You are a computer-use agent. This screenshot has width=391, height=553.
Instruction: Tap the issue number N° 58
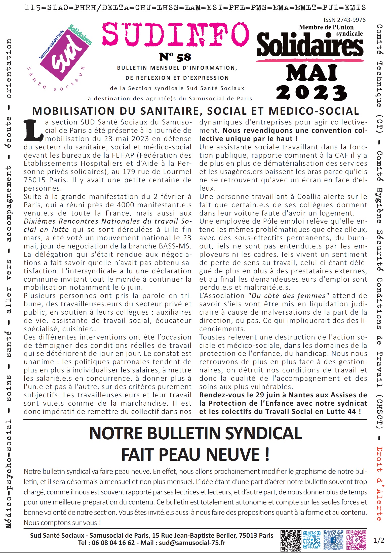click(175, 57)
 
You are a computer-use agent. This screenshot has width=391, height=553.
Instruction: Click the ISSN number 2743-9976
click(344, 20)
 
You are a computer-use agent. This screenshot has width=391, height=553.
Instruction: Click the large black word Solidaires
click(310, 45)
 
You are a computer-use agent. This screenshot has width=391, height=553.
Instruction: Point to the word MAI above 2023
click(312, 73)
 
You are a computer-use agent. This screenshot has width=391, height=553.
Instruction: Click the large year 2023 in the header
click(311, 93)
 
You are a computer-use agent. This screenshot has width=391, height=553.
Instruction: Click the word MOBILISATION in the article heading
click(73, 111)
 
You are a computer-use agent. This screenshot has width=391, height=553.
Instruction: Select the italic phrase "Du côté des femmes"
click(289, 296)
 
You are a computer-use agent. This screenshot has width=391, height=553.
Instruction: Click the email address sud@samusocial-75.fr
click(192, 543)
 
